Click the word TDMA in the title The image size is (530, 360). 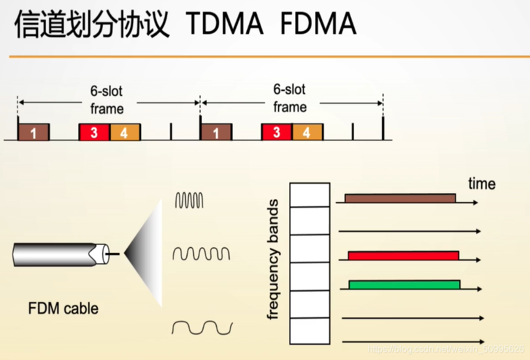(x=225, y=24)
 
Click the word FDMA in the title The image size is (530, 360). (x=318, y=24)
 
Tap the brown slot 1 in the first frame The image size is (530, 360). (x=33, y=132)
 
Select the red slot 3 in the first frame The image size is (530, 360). (x=94, y=132)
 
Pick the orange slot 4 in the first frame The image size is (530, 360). (x=125, y=132)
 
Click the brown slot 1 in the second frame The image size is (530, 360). (x=216, y=132)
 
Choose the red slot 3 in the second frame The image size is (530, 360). (x=276, y=132)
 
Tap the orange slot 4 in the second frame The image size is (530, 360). (x=307, y=132)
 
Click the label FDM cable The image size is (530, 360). (x=63, y=308)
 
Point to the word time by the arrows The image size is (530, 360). (x=481, y=184)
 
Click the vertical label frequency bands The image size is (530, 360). (x=274, y=259)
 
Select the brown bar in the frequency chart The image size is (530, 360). (x=400, y=198)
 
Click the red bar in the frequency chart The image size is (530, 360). (x=403, y=255)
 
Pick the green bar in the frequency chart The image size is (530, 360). (x=404, y=284)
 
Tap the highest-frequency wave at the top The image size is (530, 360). (x=189, y=200)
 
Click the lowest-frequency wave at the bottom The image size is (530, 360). (x=202, y=327)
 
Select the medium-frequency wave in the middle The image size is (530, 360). (x=201, y=253)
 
